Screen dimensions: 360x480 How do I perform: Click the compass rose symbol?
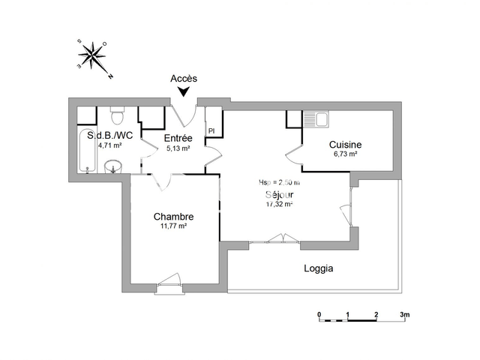(93, 56)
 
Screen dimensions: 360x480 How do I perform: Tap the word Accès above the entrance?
(183, 78)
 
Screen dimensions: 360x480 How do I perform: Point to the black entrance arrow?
(183, 92)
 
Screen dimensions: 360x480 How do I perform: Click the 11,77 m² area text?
(173, 226)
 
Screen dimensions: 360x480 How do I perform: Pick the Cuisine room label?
(346, 145)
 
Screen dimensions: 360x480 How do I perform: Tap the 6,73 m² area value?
(345, 154)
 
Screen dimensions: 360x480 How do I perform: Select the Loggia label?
(318, 268)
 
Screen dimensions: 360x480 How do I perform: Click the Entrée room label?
(178, 138)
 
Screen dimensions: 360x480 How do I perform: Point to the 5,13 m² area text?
(178, 148)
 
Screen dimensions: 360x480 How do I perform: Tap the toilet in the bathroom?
(116, 117)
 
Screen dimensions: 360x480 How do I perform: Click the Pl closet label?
(211, 131)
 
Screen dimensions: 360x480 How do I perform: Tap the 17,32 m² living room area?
(279, 203)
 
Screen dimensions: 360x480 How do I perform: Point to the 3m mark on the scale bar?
(404, 314)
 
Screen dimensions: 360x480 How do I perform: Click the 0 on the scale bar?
(319, 314)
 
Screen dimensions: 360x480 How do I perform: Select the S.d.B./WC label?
(110, 136)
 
